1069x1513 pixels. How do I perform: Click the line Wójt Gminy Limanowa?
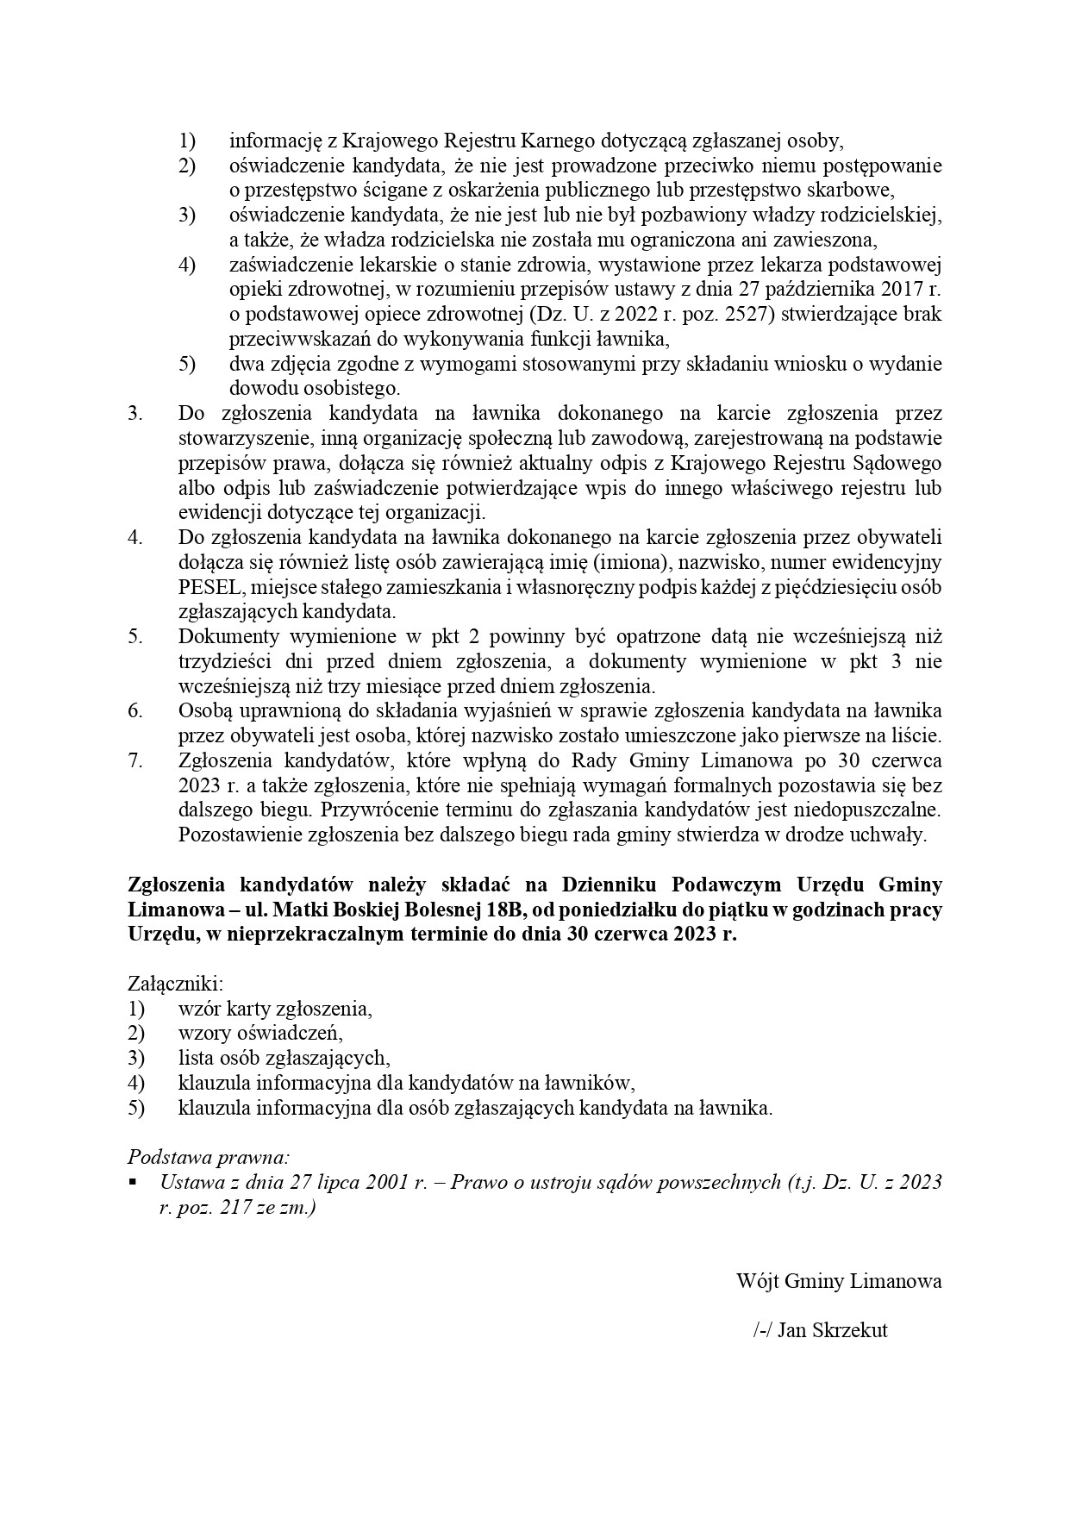[x=838, y=1281]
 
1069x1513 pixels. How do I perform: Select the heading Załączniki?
[x=176, y=984]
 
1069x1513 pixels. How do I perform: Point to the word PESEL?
[x=204, y=588]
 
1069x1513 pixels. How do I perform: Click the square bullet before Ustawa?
[x=133, y=1181]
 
